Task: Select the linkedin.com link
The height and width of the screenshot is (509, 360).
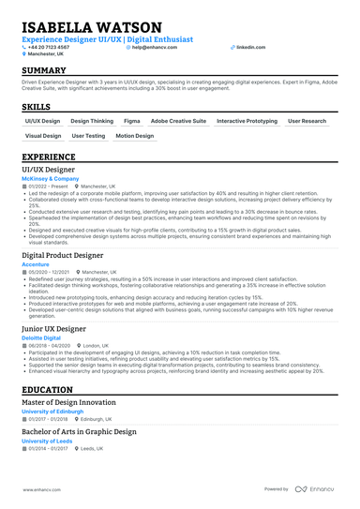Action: pos(250,46)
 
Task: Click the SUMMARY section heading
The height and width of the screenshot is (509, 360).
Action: pos(44,71)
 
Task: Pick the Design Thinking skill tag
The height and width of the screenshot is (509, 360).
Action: pos(92,121)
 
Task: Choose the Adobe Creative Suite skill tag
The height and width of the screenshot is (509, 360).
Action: pos(178,121)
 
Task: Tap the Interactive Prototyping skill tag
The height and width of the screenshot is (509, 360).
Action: pos(247,121)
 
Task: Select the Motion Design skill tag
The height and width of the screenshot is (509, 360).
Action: pos(134,136)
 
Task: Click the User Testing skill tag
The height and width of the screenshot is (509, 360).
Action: pos(88,136)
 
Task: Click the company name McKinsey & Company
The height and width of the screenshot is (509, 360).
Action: pos(52,179)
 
